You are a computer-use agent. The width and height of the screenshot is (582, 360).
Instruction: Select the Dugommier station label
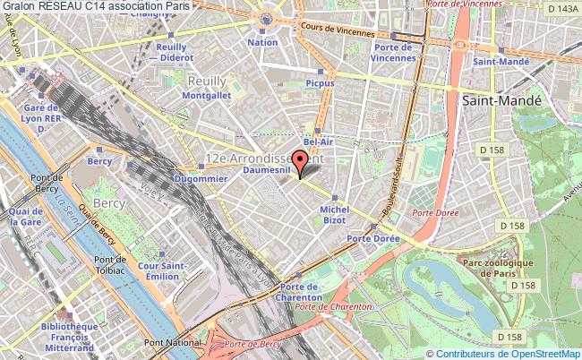(201, 180)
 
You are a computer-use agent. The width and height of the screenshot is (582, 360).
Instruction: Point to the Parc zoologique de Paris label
(497, 268)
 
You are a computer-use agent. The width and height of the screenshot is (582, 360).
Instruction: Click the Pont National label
(167, 343)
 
